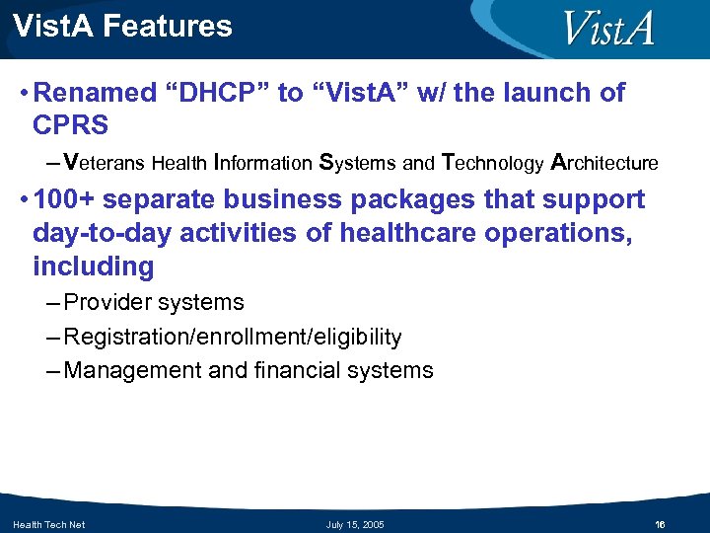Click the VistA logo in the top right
(x=608, y=29)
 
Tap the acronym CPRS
(x=71, y=126)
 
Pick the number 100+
(x=64, y=199)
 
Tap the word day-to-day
(x=99, y=233)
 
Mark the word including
(x=94, y=266)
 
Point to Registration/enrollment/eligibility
(x=233, y=338)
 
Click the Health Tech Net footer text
(x=48, y=524)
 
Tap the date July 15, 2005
(x=355, y=524)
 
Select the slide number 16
(x=660, y=524)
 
